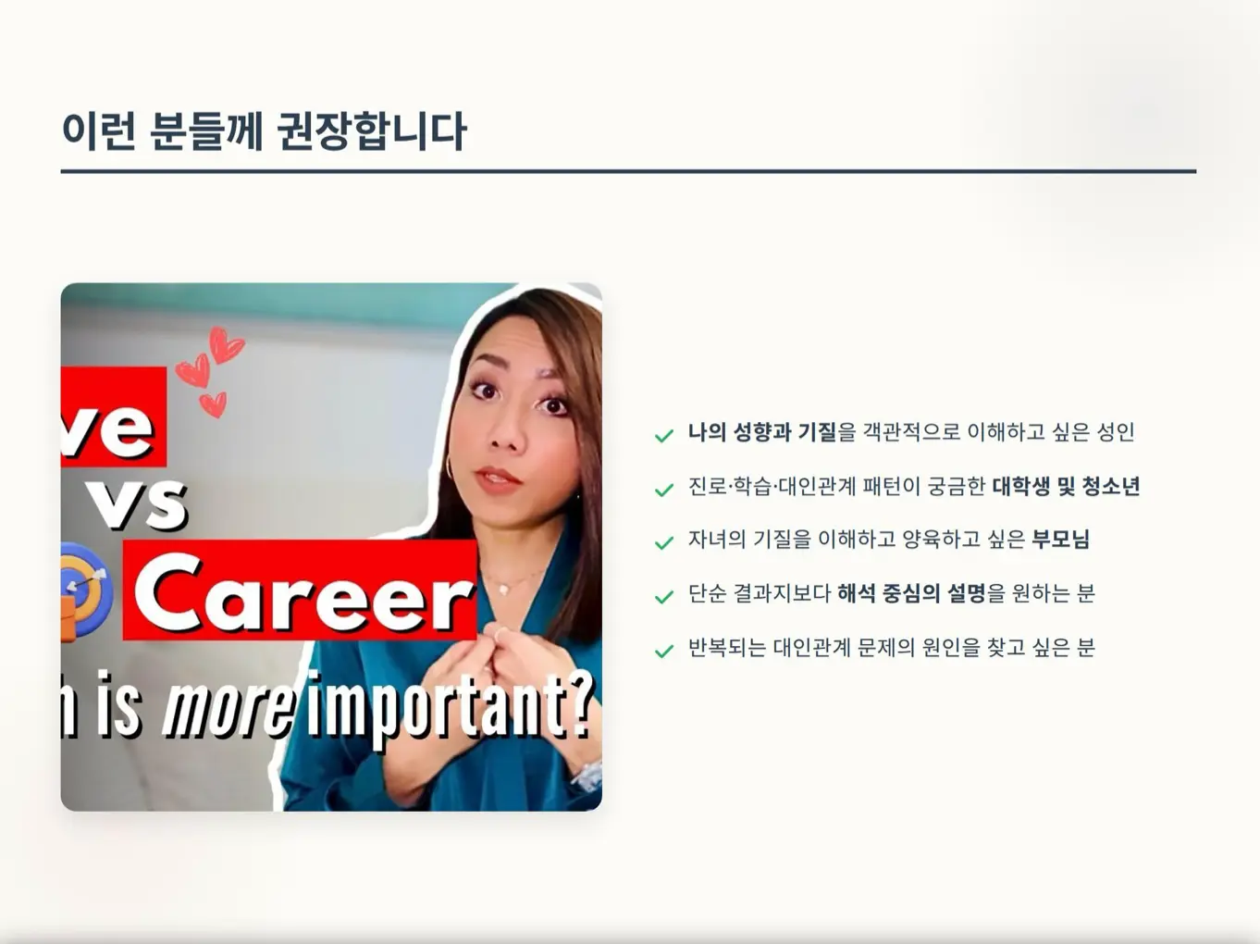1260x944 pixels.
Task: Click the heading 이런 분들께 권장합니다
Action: [x=264, y=130]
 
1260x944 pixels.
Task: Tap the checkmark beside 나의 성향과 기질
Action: [x=664, y=435]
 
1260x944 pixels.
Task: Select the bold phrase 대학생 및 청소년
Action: [x=1065, y=487]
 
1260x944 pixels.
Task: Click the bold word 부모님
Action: [x=1060, y=540]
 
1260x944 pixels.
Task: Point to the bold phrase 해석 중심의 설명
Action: [x=910, y=594]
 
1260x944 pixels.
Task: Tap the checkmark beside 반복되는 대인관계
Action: [x=664, y=651]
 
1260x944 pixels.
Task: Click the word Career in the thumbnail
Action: [x=302, y=593]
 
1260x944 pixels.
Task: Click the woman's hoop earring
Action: [x=451, y=466]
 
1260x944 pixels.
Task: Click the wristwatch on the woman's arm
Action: [x=588, y=774]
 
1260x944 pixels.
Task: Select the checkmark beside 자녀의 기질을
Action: [x=664, y=542]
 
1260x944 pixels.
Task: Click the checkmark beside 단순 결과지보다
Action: [x=664, y=597]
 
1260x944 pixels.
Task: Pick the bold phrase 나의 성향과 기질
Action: [x=761, y=432]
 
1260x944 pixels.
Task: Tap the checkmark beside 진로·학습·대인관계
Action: [x=664, y=490]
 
